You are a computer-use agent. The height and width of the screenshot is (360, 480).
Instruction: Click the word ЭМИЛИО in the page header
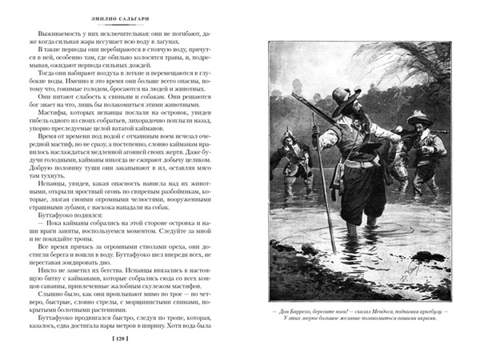(x=102, y=14)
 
